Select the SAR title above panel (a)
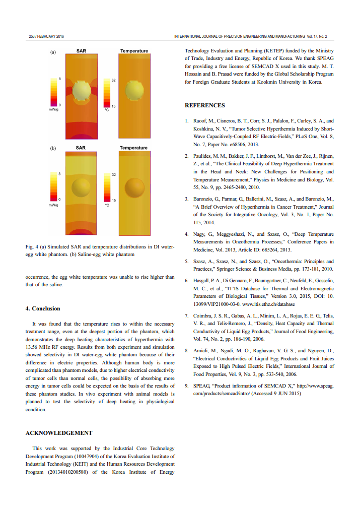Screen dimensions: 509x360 coord(81,51)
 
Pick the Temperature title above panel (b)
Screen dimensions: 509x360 coord(133,148)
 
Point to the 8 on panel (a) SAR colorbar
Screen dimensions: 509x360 coord(59,79)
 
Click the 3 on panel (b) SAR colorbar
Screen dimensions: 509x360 coord(59,174)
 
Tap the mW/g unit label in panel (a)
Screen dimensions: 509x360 coord(53,109)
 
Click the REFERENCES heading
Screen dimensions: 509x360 coord(204,105)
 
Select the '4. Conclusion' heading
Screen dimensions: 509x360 coord(43,308)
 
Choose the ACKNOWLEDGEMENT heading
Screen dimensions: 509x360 coord(58,432)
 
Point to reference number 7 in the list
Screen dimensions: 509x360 coord(186,316)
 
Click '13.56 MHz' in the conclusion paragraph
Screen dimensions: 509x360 coord(37,340)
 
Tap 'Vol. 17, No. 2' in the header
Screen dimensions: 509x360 coord(320,36)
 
